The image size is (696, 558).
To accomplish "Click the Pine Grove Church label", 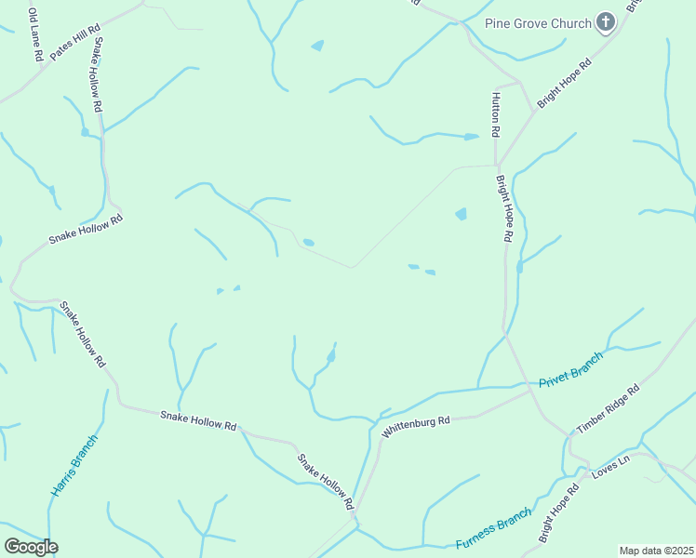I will [x=539, y=23].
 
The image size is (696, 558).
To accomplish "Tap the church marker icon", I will [x=606, y=22].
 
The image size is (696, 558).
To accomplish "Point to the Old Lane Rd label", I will [x=34, y=35].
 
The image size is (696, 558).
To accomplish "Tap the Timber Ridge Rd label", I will [x=608, y=408].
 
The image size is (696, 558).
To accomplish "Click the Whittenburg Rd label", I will [x=416, y=426].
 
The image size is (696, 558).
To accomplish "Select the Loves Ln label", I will [x=610, y=468].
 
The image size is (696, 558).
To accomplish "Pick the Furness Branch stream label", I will [x=494, y=527].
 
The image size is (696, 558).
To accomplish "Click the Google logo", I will [x=31, y=547].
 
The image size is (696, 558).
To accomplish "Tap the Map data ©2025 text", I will [x=656, y=551].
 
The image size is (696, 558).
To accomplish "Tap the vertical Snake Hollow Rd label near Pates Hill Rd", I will [x=96, y=75].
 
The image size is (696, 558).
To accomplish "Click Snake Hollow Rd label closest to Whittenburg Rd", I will [x=325, y=481].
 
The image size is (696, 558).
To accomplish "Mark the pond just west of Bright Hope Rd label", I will [x=461, y=214].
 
